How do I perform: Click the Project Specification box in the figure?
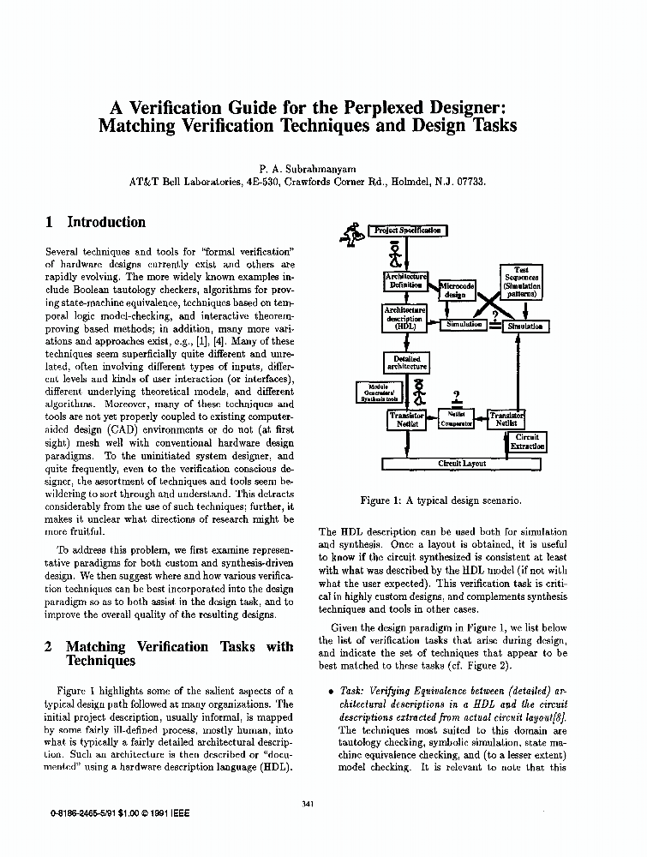pos(408,231)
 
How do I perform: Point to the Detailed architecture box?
pos(406,363)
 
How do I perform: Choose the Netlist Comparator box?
pos(456,419)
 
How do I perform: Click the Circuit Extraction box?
pos(527,442)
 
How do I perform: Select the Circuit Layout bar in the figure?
pos(462,464)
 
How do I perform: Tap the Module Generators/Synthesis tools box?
pos(378,393)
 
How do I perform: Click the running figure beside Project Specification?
pos(352,233)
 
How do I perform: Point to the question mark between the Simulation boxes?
pos(495,315)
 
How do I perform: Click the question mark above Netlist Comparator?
pos(457,396)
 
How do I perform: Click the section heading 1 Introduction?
pos(95,222)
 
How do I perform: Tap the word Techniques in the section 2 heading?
pos(100,661)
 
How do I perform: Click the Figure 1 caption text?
pos(440,500)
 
